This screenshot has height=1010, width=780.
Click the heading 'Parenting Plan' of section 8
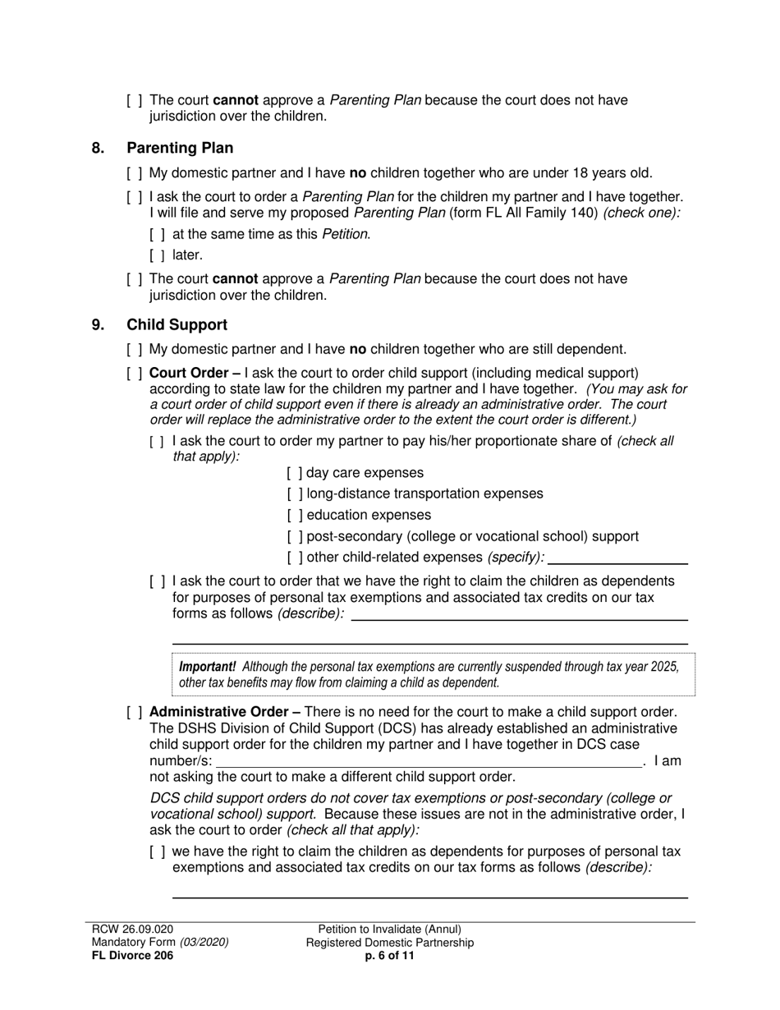click(x=180, y=148)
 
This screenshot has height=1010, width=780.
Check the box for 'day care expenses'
click(x=295, y=473)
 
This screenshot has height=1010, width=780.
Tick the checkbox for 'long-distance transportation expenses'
click(x=295, y=494)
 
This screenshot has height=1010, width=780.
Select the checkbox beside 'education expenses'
click(x=295, y=516)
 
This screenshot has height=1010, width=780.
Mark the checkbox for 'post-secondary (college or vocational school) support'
click(x=295, y=537)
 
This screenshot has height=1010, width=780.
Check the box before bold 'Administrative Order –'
click(x=135, y=712)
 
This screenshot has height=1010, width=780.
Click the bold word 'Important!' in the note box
click(x=207, y=667)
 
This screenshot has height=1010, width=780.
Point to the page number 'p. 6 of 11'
click(x=389, y=955)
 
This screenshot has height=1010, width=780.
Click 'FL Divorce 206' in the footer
click(x=132, y=955)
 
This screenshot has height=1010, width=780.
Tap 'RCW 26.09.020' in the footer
click(x=132, y=930)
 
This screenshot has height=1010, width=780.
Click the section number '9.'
click(x=99, y=325)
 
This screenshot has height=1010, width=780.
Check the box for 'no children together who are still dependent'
click(x=135, y=349)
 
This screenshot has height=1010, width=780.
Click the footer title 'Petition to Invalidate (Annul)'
click(x=389, y=930)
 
